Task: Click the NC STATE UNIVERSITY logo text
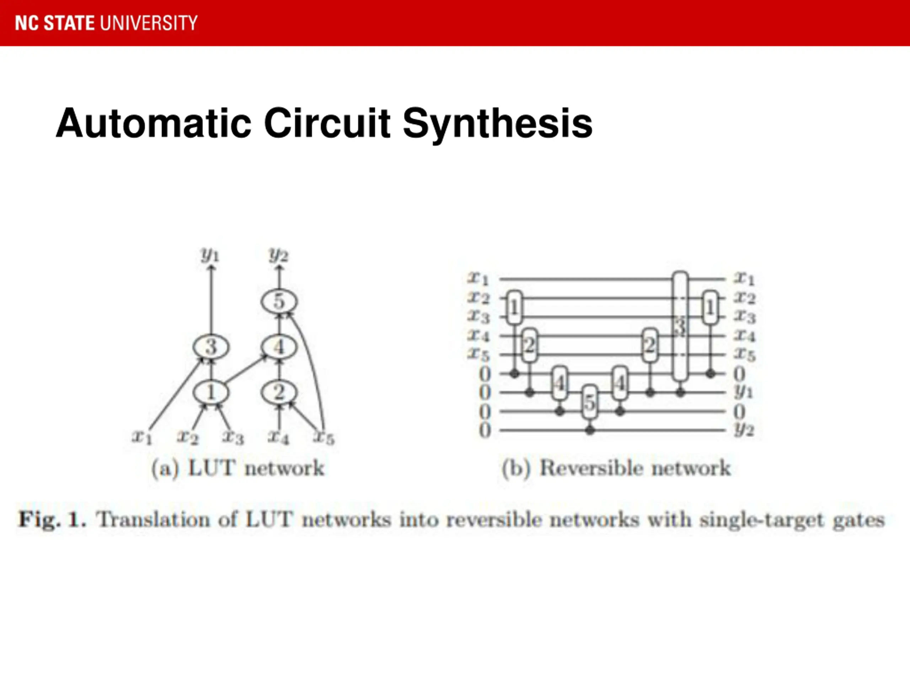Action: [x=106, y=23]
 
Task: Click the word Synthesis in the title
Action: [x=497, y=123]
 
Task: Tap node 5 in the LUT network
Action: [x=279, y=301]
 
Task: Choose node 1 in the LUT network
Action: [x=211, y=392]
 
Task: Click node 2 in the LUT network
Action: [x=279, y=392]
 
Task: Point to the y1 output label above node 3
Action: [x=210, y=256]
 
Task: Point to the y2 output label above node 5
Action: [x=279, y=256]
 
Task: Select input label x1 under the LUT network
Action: [x=142, y=437]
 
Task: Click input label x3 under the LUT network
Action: [x=233, y=437]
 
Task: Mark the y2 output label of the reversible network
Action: [x=744, y=430]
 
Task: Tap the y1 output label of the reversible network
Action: [x=744, y=392]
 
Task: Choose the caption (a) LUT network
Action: [x=238, y=468]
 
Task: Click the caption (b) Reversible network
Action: [x=616, y=468]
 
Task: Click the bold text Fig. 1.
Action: [x=53, y=520]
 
